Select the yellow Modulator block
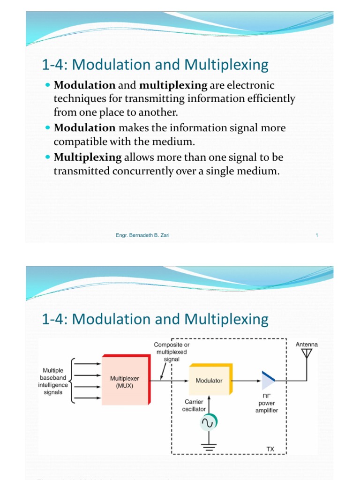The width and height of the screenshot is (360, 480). pos(210,380)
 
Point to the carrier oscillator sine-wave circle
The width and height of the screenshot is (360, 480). pos(208,423)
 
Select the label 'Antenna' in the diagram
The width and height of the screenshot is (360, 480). pos(307,344)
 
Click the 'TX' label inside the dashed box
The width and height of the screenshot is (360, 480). pos(270,449)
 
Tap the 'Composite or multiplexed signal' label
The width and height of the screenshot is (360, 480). pos(172,352)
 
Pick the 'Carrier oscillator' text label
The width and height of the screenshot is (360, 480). pos(194,405)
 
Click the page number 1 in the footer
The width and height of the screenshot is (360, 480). pos(317,235)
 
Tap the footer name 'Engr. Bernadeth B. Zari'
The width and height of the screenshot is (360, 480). pos(142,235)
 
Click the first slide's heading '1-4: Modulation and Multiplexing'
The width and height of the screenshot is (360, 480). pos(155,65)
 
